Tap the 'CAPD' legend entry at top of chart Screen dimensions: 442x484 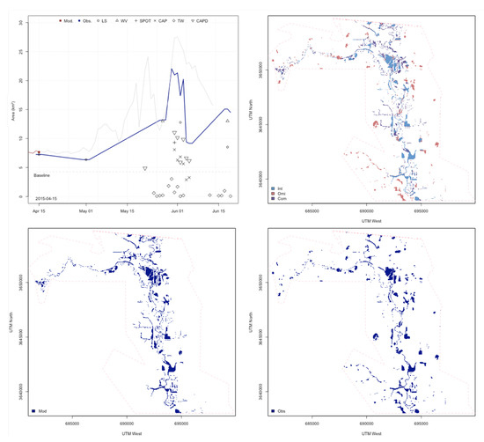click(202, 19)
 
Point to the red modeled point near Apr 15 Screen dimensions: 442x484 click(39, 153)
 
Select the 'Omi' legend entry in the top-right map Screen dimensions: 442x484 click(283, 194)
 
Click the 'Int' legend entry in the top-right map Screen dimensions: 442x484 click(282, 188)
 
